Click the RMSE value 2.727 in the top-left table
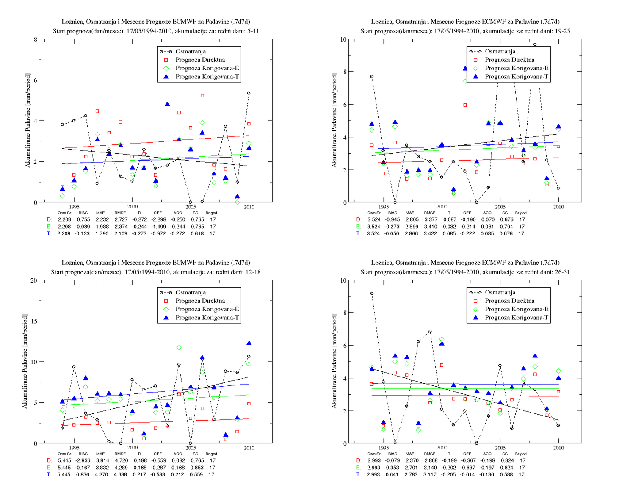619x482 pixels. tap(121, 219)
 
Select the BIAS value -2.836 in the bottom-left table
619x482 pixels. tap(83, 460)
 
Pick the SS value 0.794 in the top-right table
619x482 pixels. tap(506, 227)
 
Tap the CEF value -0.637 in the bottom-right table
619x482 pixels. tap(467, 468)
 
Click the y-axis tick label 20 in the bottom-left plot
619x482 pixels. tap(33, 280)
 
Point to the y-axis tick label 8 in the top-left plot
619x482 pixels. tap(36, 39)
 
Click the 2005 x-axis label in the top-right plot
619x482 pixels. tap(500, 207)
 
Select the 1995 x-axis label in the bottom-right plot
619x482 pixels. tap(384, 448)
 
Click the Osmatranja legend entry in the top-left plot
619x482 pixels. tap(191, 51)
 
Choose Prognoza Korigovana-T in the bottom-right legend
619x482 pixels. tap(517, 317)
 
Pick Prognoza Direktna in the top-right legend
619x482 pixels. tap(510, 60)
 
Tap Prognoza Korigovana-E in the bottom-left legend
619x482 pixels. tap(207, 309)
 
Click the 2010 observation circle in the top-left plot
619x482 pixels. tap(249, 93)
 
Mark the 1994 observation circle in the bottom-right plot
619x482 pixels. tap(372, 294)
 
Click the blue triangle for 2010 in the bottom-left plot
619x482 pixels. tap(249, 343)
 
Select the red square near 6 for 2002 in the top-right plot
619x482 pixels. tap(465, 105)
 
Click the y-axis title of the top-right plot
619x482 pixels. tap(334, 120)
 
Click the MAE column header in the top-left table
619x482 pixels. tap(100, 213)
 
